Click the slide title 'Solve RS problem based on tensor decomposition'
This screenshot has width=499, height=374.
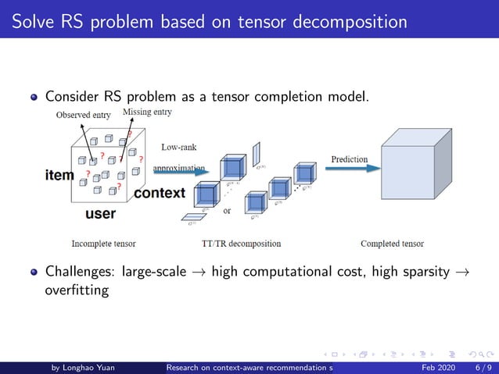210,21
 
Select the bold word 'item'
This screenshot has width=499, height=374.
59,175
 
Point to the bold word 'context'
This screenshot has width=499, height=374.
160,193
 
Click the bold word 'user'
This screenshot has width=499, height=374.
100,213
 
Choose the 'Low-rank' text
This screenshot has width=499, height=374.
178,146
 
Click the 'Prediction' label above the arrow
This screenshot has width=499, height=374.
349,159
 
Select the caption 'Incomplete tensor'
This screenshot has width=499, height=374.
103,244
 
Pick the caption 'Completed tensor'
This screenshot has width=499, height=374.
392,244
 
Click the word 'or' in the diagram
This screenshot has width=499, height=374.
227,210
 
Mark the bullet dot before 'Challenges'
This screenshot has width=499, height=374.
34,273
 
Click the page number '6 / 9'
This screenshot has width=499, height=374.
483,367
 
